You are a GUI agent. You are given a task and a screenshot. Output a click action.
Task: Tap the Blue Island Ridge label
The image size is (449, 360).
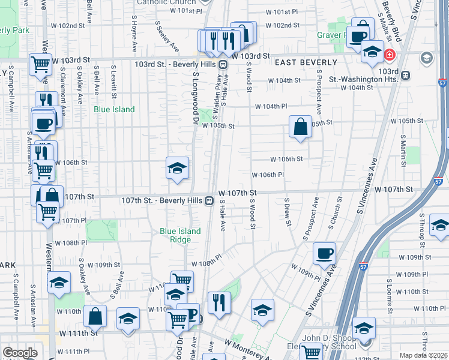click(x=175, y=236)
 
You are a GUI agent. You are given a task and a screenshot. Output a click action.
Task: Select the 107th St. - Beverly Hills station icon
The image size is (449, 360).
click(x=209, y=200)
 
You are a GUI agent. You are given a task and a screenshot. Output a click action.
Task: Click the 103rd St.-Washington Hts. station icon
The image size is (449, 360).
click(x=406, y=76)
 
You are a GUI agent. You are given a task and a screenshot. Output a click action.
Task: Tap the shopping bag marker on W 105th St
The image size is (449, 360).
click(x=300, y=127)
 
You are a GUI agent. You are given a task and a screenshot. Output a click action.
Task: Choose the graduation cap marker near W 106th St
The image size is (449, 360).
click(x=178, y=169)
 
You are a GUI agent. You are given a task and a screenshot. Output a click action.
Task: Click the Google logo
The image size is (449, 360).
click(x=20, y=353)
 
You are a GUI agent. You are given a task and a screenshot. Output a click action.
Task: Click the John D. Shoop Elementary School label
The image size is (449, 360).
click(x=322, y=342)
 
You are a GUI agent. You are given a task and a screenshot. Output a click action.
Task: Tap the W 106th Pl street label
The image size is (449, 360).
click(x=267, y=175)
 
